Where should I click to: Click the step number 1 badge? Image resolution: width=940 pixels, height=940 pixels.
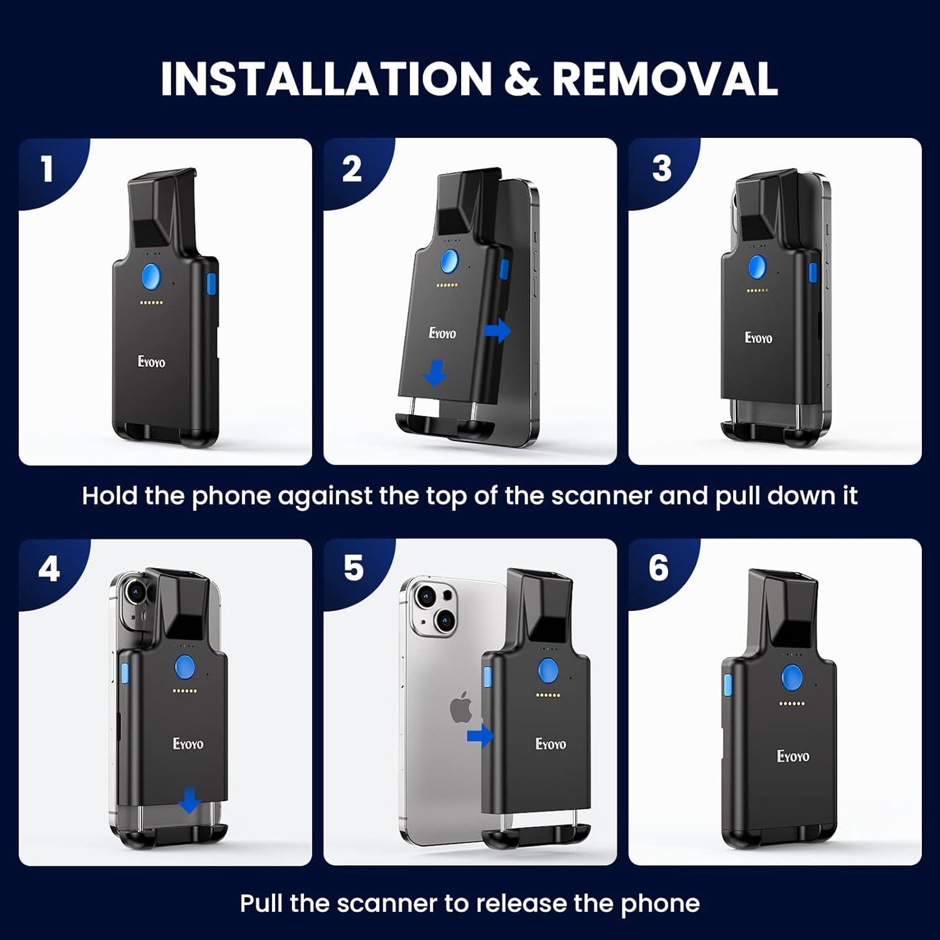tap(47, 169)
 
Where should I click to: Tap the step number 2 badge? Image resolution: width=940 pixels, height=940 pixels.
tap(352, 169)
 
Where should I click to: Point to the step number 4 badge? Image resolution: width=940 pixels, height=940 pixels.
tap(49, 569)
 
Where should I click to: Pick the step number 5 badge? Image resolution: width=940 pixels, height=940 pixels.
tap(353, 569)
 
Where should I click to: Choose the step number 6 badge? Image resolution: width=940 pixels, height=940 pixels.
tap(658, 568)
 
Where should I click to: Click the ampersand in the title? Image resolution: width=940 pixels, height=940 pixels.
tap(522, 79)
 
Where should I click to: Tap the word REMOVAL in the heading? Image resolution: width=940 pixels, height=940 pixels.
tap(664, 79)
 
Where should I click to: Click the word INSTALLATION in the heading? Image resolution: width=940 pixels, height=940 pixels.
tap(326, 79)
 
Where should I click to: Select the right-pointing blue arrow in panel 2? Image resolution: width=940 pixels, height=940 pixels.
tap(497, 330)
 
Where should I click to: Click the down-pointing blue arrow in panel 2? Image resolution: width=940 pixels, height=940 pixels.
tap(435, 373)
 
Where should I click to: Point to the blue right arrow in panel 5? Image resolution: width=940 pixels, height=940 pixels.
tap(481, 736)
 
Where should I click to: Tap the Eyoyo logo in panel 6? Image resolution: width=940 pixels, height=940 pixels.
tap(793, 756)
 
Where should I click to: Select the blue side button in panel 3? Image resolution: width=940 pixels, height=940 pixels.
tap(812, 273)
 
